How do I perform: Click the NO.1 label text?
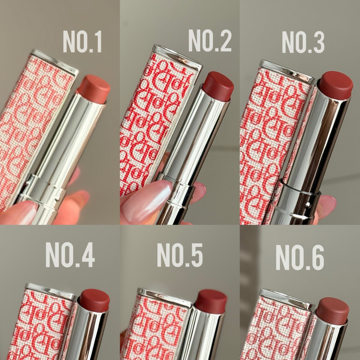click(82, 42)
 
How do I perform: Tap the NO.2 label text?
click(210, 40)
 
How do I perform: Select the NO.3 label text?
click(303, 42)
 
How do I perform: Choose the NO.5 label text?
click(180, 254)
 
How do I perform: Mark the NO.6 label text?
click(300, 257)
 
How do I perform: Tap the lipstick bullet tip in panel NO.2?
click(218, 86)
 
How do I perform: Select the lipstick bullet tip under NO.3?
click(336, 85)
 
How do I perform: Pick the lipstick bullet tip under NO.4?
click(95, 300)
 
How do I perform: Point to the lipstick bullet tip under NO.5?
click(211, 301)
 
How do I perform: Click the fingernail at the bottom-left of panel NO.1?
click(18, 213)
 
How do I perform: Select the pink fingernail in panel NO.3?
click(327, 206)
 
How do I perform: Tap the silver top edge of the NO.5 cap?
click(164, 297)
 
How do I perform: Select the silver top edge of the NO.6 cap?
click(287, 299)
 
